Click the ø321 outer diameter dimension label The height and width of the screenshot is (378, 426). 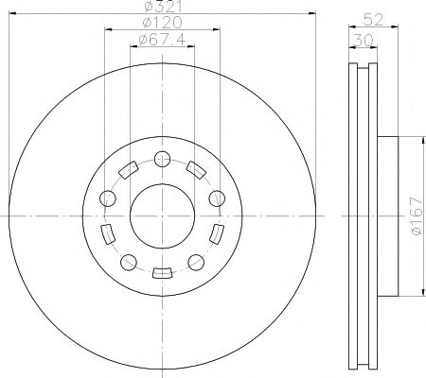click(x=160, y=8)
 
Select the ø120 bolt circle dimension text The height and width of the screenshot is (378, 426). click(x=160, y=24)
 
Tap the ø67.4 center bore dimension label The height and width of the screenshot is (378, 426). click(x=160, y=39)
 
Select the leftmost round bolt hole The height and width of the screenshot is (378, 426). click(x=106, y=198)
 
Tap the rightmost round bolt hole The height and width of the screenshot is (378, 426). click(x=217, y=198)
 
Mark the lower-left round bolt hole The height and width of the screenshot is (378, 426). click(x=127, y=262)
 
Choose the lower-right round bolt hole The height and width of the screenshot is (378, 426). click(x=196, y=262)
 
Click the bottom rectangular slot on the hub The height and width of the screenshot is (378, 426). click(x=161, y=274)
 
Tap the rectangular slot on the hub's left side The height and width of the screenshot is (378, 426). click(x=106, y=233)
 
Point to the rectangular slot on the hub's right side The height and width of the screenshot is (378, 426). click(x=217, y=233)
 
